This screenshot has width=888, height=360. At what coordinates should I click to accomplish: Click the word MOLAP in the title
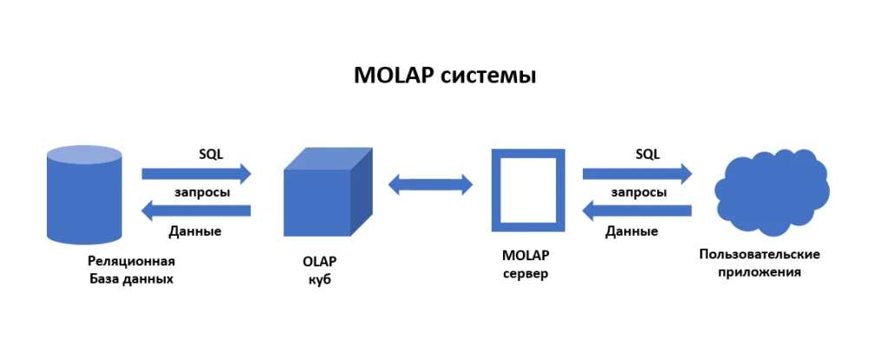pyautogui.click(x=393, y=75)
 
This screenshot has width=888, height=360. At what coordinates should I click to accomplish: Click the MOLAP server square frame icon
pyautogui.click(x=528, y=190)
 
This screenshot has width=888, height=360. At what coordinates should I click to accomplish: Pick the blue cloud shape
pyautogui.click(x=771, y=192)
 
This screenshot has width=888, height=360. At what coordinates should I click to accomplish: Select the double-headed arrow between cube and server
pyautogui.click(x=430, y=184)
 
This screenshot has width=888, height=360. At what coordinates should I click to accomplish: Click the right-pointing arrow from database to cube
pyautogui.click(x=196, y=173)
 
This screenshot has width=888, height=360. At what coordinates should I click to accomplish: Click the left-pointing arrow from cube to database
pyautogui.click(x=196, y=210)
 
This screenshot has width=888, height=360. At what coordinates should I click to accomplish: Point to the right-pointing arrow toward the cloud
pyautogui.click(x=637, y=173)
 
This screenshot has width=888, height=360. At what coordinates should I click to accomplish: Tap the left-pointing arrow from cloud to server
pyautogui.click(x=637, y=210)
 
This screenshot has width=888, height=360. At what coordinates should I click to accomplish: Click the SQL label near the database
pyautogui.click(x=211, y=154)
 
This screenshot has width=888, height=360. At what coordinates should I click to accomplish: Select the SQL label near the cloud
pyautogui.click(x=647, y=154)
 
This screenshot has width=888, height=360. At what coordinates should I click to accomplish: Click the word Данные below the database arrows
pyautogui.click(x=195, y=232)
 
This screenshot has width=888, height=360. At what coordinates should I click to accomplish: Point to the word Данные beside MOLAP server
pyautogui.click(x=631, y=232)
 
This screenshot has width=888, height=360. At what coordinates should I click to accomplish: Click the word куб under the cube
pyautogui.click(x=320, y=279)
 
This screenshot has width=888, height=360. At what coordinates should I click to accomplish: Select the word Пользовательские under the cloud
pyautogui.click(x=760, y=254)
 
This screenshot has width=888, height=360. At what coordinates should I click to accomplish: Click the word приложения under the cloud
pyautogui.click(x=760, y=272)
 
